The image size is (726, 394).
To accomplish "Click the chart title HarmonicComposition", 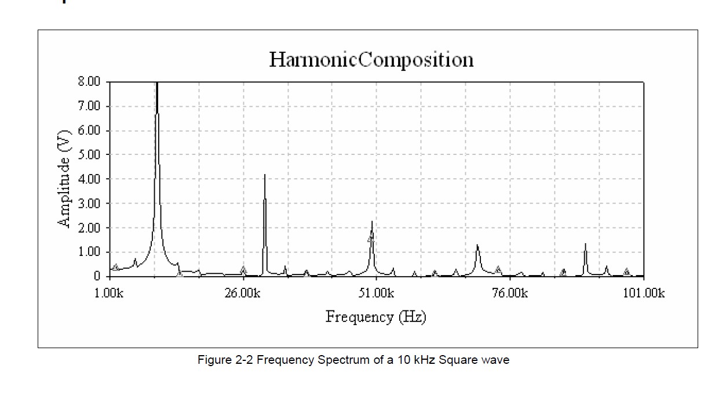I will (x=371, y=60).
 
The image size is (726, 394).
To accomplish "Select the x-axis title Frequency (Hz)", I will (x=375, y=317).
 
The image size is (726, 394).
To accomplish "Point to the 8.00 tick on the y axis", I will (x=89, y=82).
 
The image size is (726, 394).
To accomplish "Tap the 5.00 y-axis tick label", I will (x=89, y=155).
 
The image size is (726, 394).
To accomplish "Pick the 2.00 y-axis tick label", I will (x=89, y=228).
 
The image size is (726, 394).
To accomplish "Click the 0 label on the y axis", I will (x=97, y=276).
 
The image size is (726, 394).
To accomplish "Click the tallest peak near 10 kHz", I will (x=157, y=84).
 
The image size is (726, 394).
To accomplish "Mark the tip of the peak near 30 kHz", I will (x=265, y=175).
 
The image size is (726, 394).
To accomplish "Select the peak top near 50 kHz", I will (x=372, y=222).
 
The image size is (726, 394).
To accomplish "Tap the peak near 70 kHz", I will (x=477, y=245).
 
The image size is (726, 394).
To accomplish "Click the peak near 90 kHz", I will (x=585, y=244).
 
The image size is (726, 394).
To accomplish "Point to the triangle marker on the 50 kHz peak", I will (x=370, y=238).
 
